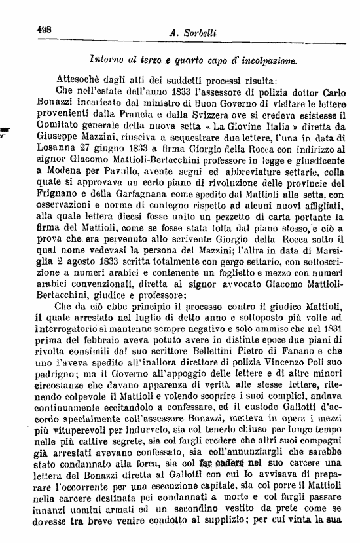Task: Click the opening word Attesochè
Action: point(80,80)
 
